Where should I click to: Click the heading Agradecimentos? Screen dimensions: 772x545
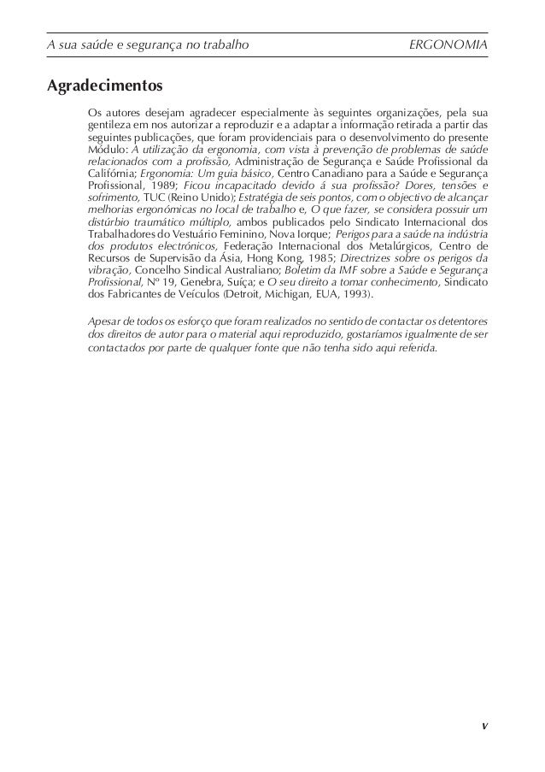[104, 86]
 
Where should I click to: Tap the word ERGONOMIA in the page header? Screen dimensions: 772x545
[449, 42]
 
